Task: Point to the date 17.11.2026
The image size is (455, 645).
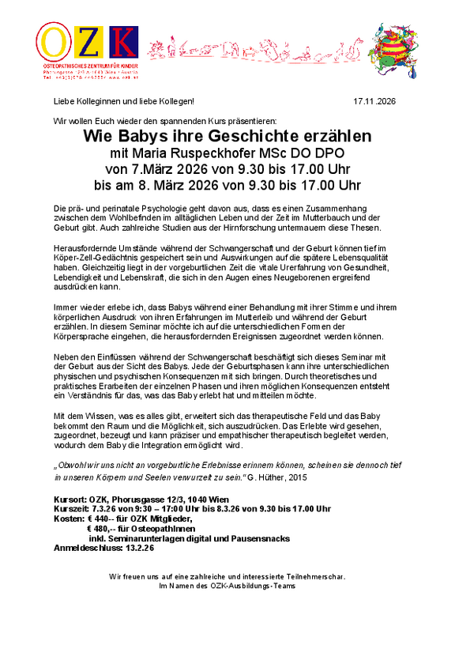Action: (373, 102)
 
